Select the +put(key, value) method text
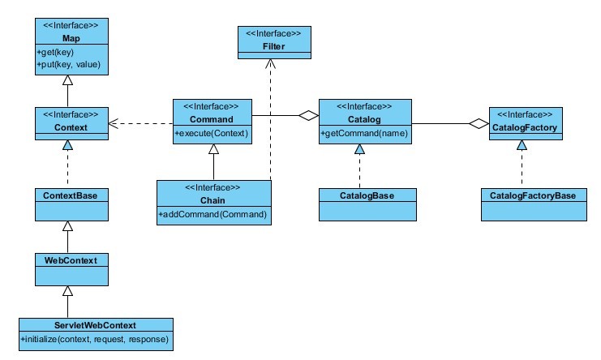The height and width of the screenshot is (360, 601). (68, 63)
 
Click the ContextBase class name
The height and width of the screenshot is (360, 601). (68, 195)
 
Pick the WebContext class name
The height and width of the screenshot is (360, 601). (68, 259)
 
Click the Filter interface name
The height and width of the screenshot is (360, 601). (273, 46)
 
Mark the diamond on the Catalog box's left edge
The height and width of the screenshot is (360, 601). (308, 116)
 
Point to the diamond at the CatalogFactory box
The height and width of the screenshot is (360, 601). (479, 123)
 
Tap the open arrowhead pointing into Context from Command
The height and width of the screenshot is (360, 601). (114, 123)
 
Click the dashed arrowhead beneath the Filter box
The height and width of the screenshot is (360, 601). (273, 65)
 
